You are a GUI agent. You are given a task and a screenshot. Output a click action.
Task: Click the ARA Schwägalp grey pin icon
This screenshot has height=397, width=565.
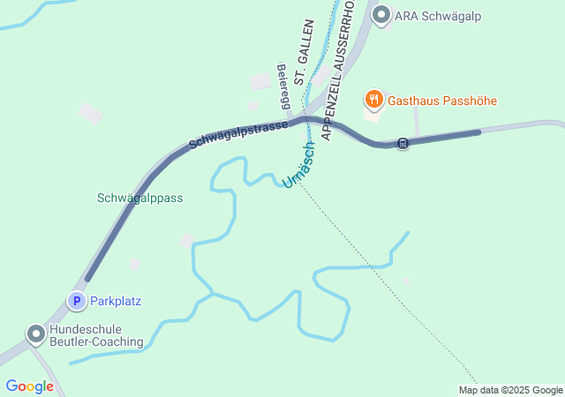(x=381, y=15)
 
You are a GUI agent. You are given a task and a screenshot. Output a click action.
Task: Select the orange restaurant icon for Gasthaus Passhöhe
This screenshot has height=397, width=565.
(x=374, y=101)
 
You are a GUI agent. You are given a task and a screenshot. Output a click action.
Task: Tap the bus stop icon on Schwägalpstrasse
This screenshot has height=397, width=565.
(x=403, y=143)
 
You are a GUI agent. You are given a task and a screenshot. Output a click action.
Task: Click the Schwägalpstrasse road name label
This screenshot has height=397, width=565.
(x=238, y=134)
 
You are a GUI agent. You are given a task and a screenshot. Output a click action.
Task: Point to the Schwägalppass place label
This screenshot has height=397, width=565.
(x=139, y=198)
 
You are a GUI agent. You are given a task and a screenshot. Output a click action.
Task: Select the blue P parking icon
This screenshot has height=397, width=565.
(x=77, y=301)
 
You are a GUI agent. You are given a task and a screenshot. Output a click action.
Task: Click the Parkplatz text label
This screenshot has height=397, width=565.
(x=116, y=301)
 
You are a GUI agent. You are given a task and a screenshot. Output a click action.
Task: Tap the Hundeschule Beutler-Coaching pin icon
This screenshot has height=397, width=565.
(x=35, y=334)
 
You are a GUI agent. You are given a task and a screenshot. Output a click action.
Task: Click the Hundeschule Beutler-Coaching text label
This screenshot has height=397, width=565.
(x=96, y=334)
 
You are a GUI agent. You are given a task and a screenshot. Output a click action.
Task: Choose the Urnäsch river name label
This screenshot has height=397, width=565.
(x=298, y=165)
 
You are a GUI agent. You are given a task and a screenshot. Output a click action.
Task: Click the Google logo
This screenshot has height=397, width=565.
(x=29, y=386)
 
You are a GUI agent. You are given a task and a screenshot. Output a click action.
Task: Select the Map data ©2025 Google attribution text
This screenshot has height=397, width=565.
(x=510, y=390)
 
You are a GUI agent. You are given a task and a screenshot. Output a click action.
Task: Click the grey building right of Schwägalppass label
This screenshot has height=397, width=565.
(x=187, y=240)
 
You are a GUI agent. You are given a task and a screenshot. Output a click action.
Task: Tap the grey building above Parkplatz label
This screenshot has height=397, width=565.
(x=134, y=264)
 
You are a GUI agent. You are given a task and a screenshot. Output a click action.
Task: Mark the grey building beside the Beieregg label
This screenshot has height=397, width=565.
(x=260, y=81)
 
